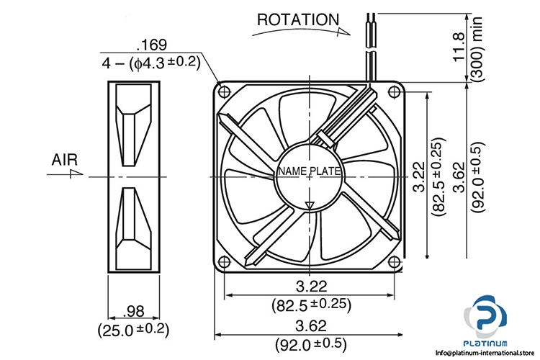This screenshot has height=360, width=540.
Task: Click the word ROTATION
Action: tap(298, 19)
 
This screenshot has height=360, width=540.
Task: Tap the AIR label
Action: tap(65, 160)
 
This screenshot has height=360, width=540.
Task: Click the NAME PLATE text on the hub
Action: tap(310, 171)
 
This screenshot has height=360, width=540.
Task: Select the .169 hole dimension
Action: tap(152, 45)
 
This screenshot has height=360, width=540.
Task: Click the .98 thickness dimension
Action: tap(134, 312)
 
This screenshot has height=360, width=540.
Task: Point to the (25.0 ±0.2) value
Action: tap(134, 330)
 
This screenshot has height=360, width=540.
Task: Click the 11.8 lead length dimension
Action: tap(459, 48)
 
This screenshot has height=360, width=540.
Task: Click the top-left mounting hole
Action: tap(225, 91)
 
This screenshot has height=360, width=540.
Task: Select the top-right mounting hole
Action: tap(394, 91)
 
